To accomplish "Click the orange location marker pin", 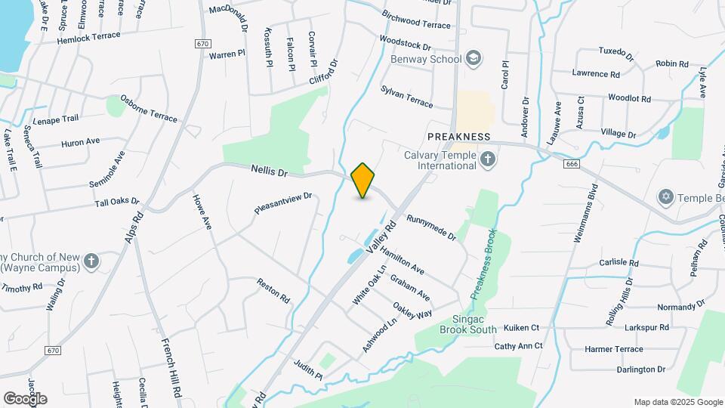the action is click(x=363, y=181).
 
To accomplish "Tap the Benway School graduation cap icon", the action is click(x=474, y=59).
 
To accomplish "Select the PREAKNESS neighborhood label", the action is click(x=458, y=137).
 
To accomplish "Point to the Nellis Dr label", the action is click(x=270, y=172).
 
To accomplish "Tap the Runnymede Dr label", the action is click(x=431, y=227).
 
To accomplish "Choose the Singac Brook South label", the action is click(x=468, y=324).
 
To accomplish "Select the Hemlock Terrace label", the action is click(x=88, y=37).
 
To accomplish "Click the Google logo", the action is click(x=25, y=398).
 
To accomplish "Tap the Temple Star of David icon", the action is click(x=665, y=196).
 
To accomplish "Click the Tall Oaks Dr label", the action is click(x=117, y=202).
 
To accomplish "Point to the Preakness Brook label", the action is click(x=483, y=264).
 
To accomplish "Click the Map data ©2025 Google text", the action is click(x=677, y=402).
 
